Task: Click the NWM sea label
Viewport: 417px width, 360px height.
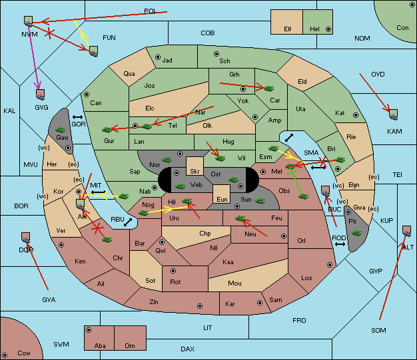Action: point(29,35)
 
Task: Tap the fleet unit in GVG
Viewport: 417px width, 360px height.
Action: point(40,94)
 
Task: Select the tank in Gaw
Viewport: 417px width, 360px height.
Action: point(61,130)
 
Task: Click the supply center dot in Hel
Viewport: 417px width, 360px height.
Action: point(328,29)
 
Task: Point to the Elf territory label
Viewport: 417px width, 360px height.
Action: point(288,29)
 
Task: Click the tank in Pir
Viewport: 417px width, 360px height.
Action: point(356,233)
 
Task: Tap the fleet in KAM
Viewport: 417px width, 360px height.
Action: point(393,114)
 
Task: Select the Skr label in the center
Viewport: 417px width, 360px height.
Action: point(195,172)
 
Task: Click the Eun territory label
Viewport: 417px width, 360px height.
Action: point(222,199)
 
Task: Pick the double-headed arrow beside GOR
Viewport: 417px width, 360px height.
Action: point(77,117)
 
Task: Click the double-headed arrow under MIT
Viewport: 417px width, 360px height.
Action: point(99,192)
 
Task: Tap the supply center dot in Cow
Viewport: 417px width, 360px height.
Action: point(5,355)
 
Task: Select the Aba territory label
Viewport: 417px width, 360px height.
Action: point(100,345)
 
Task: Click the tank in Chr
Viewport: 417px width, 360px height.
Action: point(107,240)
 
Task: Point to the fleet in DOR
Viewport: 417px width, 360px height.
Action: point(25,238)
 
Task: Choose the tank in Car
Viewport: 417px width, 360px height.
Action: point(268,89)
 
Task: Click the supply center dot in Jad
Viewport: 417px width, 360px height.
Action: point(158,57)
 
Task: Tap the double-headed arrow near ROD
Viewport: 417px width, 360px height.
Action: point(340,244)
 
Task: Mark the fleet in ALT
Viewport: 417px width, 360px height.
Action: point(406,231)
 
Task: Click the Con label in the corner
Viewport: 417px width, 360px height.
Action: point(402,28)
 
